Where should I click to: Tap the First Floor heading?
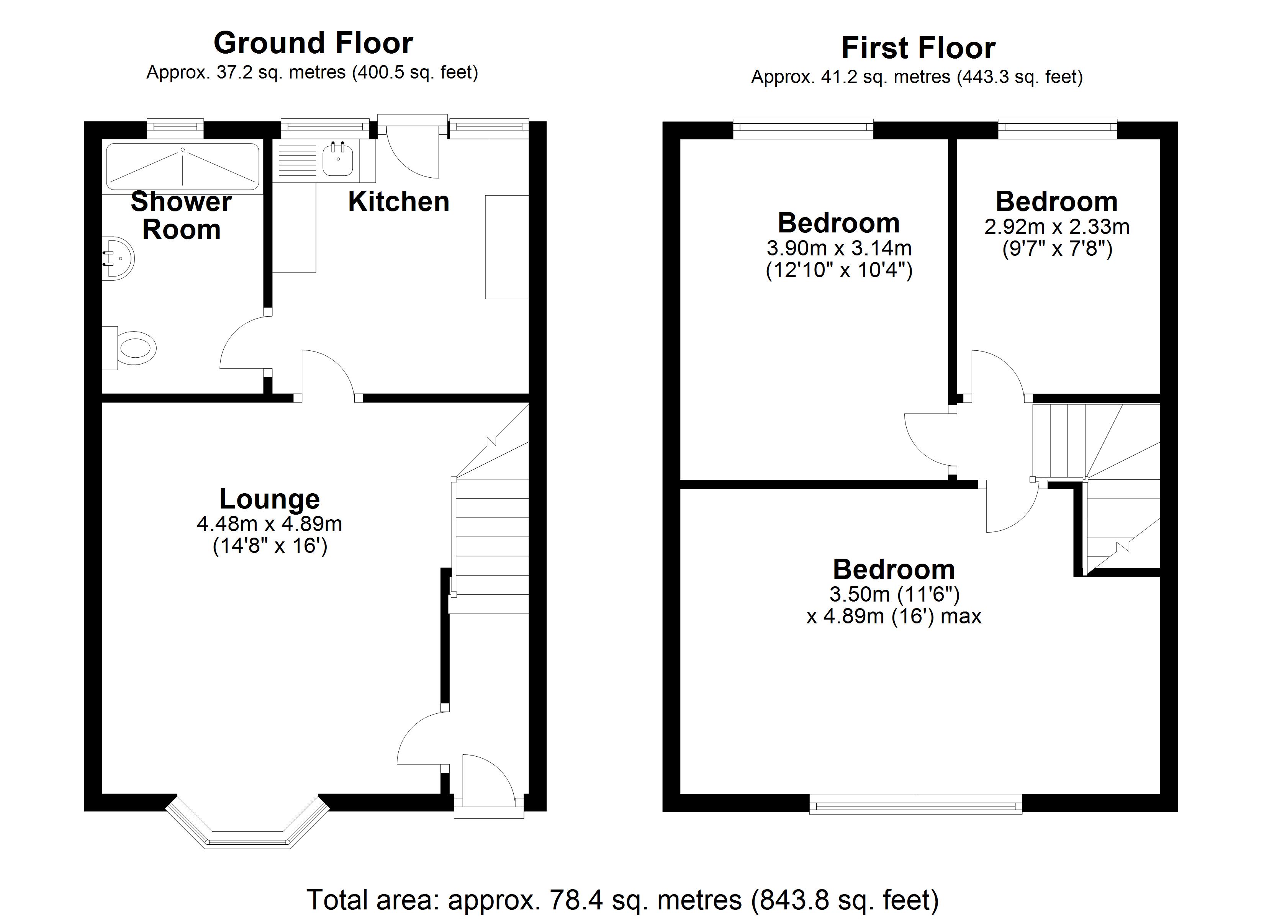click(917, 48)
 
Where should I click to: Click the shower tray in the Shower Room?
click(183, 167)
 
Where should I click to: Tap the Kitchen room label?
click(398, 202)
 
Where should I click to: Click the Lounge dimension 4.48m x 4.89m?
click(269, 524)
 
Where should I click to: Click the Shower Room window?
click(175, 129)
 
